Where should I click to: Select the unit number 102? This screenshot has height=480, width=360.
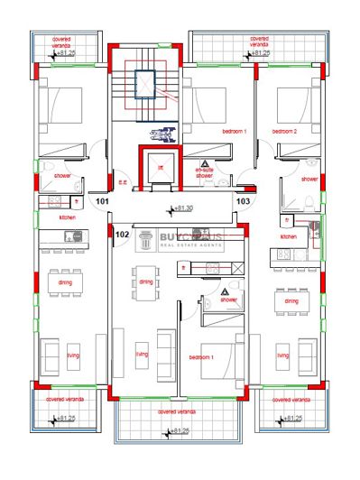coord(123,234)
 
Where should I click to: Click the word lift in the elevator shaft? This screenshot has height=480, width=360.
coord(160,168)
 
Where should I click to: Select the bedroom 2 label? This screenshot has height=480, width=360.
coord(285,132)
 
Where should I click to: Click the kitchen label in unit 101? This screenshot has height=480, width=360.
coord(66,217)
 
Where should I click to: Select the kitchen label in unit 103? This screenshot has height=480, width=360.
coord(288,236)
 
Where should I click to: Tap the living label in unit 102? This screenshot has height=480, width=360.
coord(141,355)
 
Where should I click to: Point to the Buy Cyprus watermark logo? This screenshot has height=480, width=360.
coord(180,240)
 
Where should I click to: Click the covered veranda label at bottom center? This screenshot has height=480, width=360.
coord(179,411)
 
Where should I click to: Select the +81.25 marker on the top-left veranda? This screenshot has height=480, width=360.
coord(68,54)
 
